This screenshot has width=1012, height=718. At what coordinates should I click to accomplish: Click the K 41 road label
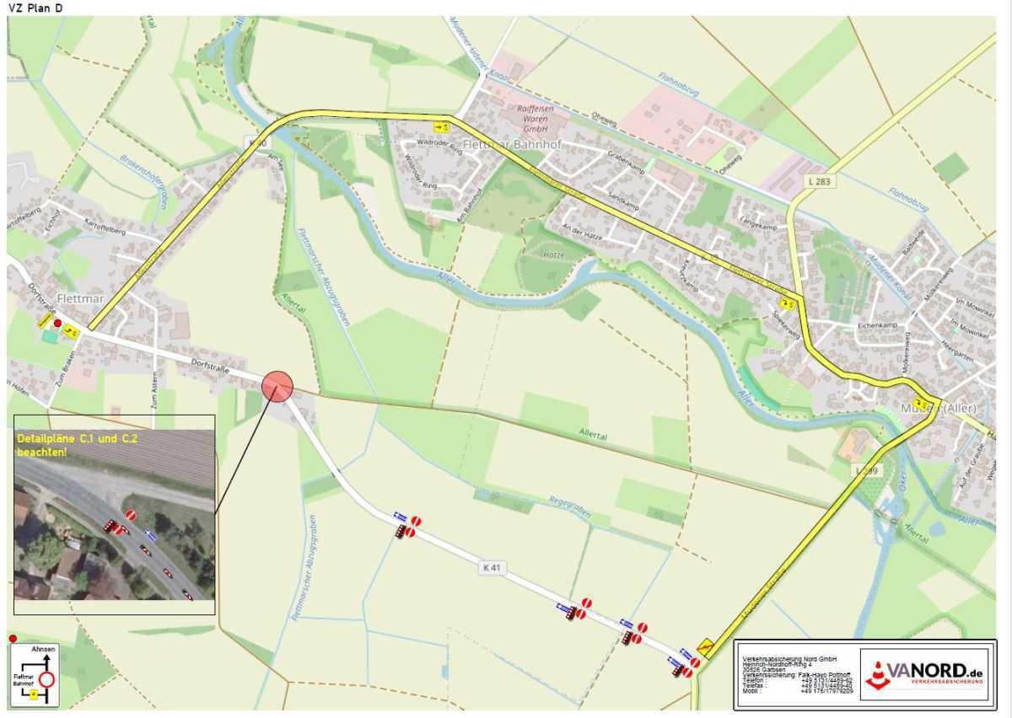[x=493, y=568]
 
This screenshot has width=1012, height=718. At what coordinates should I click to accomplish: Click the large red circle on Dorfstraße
[x=277, y=386]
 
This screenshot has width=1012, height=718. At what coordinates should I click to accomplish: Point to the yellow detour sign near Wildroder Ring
[x=440, y=127]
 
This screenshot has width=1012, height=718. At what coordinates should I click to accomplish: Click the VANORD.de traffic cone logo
[x=878, y=674]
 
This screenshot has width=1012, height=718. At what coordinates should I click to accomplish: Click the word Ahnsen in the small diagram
[x=43, y=649]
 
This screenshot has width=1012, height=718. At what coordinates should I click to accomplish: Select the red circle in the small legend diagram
[x=47, y=679]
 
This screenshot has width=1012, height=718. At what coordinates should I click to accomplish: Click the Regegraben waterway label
[x=569, y=506]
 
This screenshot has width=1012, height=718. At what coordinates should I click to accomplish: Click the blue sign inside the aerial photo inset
[x=151, y=533]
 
